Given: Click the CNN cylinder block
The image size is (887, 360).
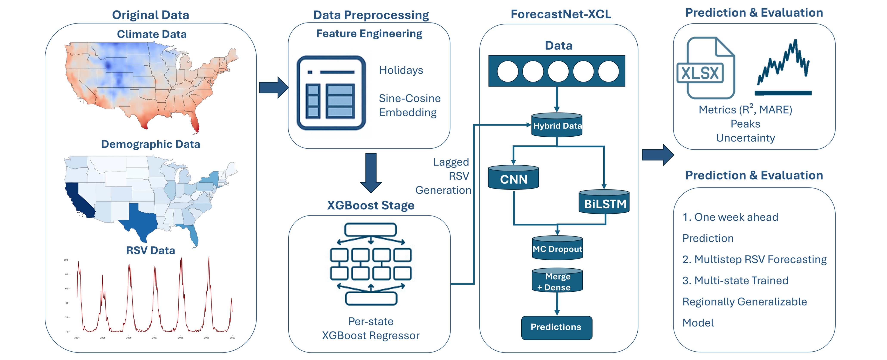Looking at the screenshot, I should click(x=513, y=178).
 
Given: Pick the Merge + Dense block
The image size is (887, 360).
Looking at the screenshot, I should click(x=557, y=281).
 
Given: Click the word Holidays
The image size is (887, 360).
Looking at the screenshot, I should click(x=401, y=70).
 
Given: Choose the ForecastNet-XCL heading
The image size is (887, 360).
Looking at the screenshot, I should click(x=561, y=14).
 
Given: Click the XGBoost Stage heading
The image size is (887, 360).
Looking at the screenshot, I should click(x=371, y=205).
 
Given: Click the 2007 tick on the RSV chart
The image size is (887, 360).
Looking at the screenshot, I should click(x=155, y=338).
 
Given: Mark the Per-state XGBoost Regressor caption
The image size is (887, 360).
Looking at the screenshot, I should click(x=371, y=328).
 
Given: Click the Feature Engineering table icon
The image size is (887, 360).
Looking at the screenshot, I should click(x=331, y=93).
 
